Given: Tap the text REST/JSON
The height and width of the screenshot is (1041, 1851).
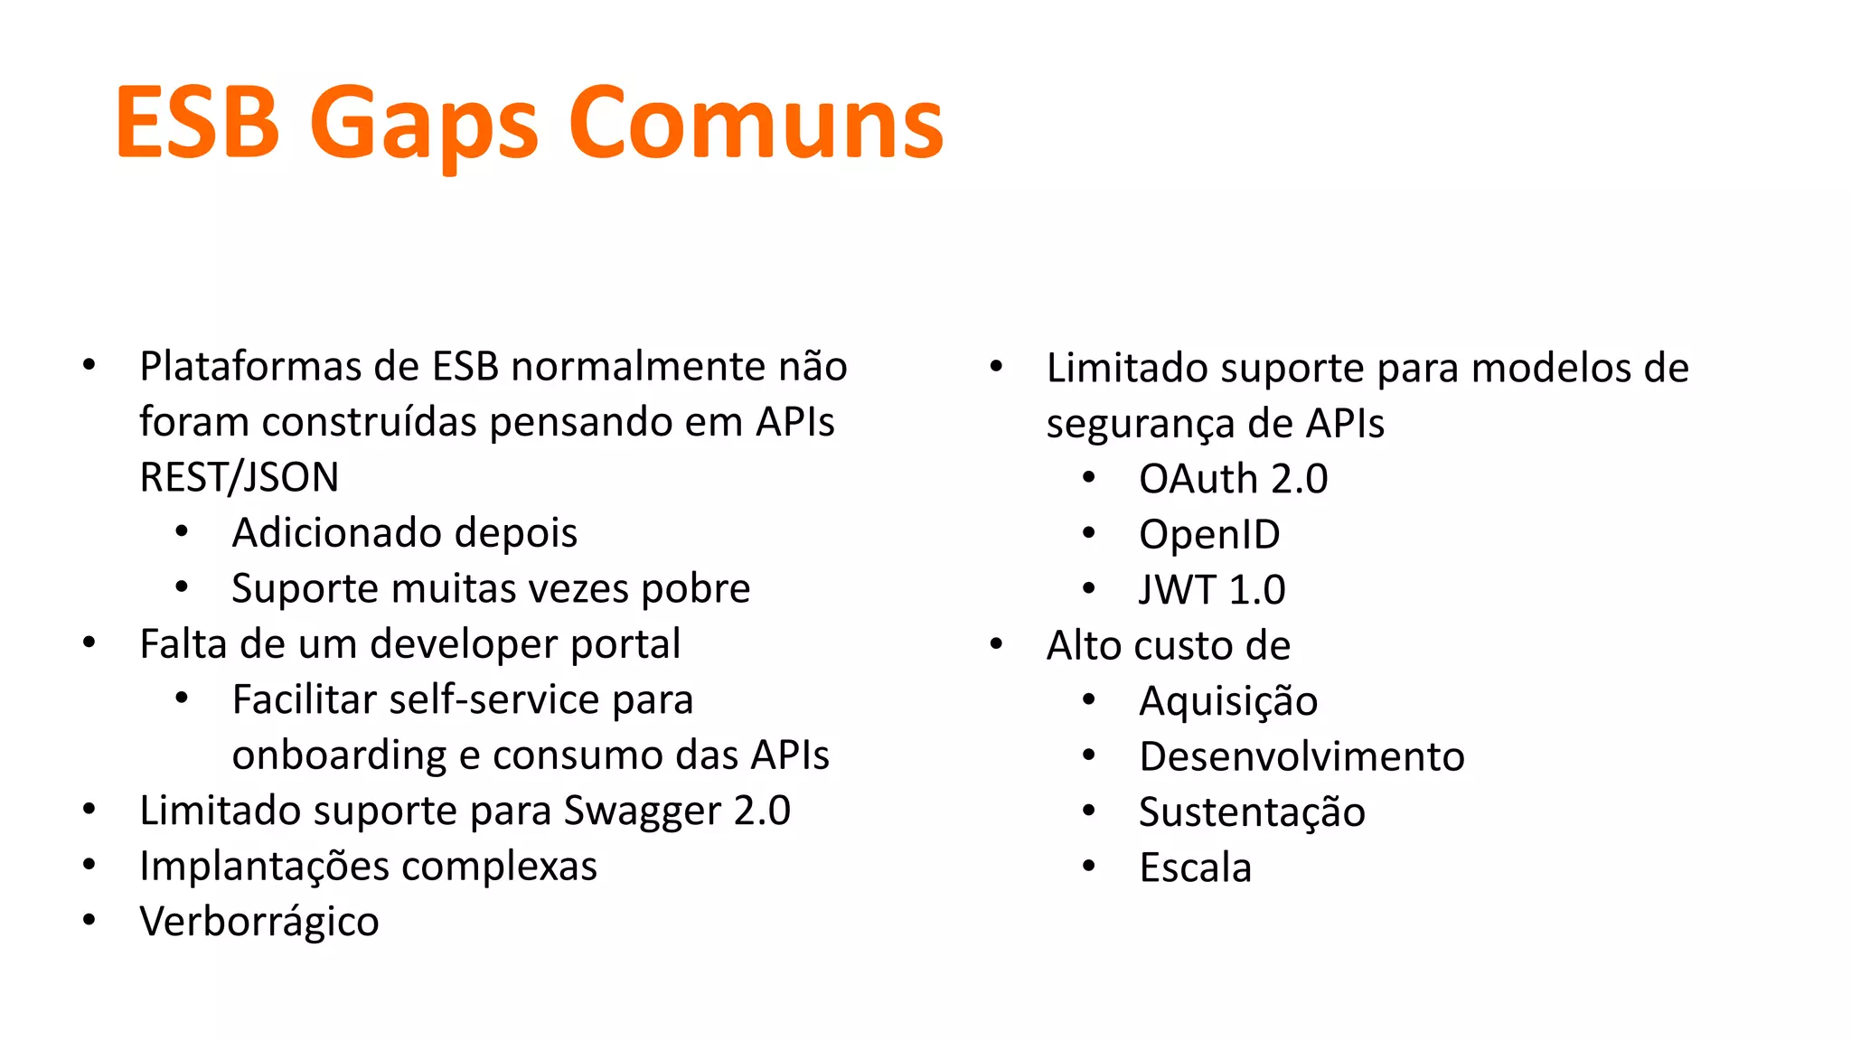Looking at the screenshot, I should click(x=240, y=477).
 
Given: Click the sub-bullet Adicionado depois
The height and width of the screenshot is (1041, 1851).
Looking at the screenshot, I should click(x=404, y=532).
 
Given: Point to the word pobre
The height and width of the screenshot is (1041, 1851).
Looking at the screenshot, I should click(x=695, y=588).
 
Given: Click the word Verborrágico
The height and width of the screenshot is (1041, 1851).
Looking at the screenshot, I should click(x=259, y=922).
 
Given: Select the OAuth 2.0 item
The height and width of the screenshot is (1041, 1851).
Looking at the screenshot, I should click(x=1233, y=479).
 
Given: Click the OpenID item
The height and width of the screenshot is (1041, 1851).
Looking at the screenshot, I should click(x=1209, y=534).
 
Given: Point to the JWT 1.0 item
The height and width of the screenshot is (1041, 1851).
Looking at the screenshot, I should click(x=1212, y=590).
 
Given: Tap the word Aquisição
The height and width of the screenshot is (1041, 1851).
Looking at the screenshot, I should click(x=1228, y=701).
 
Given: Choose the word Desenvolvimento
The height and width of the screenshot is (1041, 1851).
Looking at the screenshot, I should click(x=1301, y=756).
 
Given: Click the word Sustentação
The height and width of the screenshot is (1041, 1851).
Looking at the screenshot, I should click(x=1252, y=812).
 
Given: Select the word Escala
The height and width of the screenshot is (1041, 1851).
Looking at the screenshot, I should click(x=1195, y=867).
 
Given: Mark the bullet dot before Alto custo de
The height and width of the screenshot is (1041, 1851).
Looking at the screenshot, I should click(x=996, y=645).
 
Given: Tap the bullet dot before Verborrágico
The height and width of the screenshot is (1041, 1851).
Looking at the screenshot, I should click(x=89, y=921).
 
